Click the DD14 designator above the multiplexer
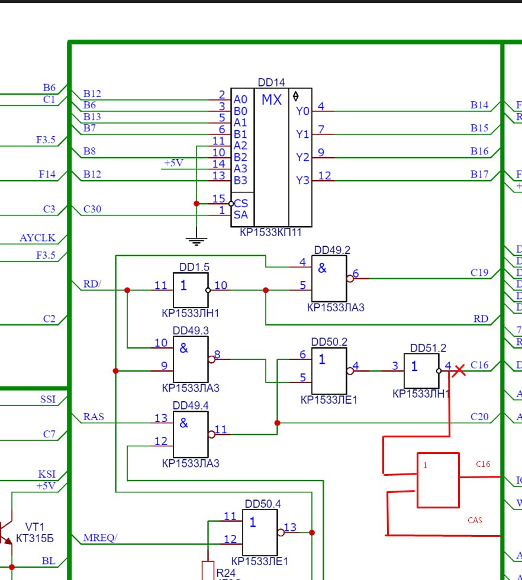[x=271, y=82]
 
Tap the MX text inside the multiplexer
[x=272, y=100]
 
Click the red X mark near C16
[x=459, y=370]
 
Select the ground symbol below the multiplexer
[x=196, y=241]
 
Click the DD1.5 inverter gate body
[x=191, y=290]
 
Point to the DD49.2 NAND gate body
[x=329, y=278]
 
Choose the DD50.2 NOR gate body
[x=329, y=370]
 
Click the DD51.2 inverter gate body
[x=421, y=370]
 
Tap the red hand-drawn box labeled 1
[x=438, y=480]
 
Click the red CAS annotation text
[x=475, y=520]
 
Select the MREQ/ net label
[x=100, y=537]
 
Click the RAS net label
[x=94, y=417]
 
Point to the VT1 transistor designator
[x=34, y=527]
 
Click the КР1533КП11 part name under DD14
[x=271, y=232]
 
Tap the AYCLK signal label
[x=37, y=238]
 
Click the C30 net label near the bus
[x=92, y=209]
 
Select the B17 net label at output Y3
[x=479, y=174]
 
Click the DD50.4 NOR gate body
[x=260, y=532]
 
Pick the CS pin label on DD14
[x=241, y=204]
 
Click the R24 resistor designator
[x=225, y=573]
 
